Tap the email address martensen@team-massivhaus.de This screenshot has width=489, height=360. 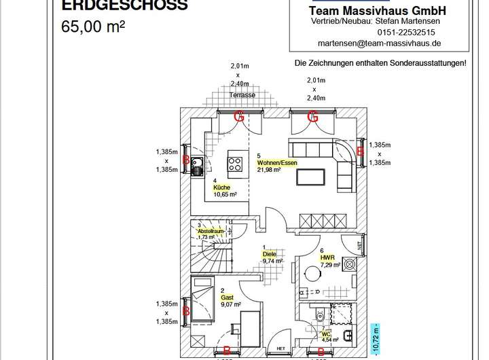380,42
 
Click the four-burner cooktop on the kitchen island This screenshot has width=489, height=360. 235,164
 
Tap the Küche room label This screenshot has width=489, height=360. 221,187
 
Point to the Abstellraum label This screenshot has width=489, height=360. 210,231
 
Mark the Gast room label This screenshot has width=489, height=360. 227,298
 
